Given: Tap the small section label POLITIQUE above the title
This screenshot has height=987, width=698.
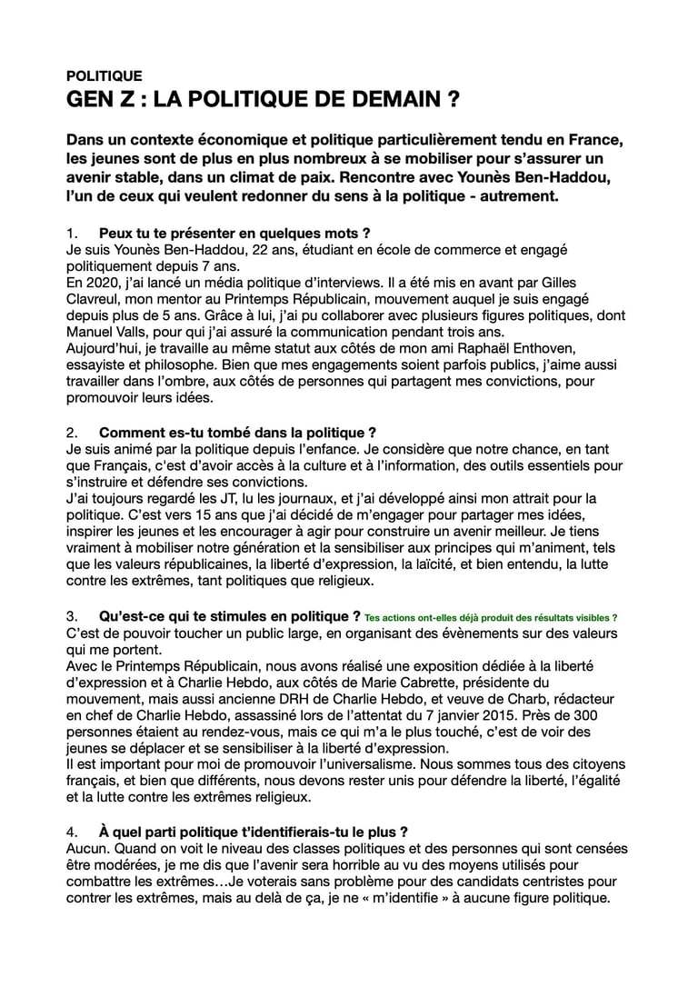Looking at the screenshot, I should point(105,76).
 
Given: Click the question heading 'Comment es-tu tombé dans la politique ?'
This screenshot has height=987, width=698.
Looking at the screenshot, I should point(237,432).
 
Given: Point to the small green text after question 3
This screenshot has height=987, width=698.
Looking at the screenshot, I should point(491,617).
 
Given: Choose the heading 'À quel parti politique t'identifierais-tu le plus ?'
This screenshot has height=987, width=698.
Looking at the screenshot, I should point(253,831).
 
